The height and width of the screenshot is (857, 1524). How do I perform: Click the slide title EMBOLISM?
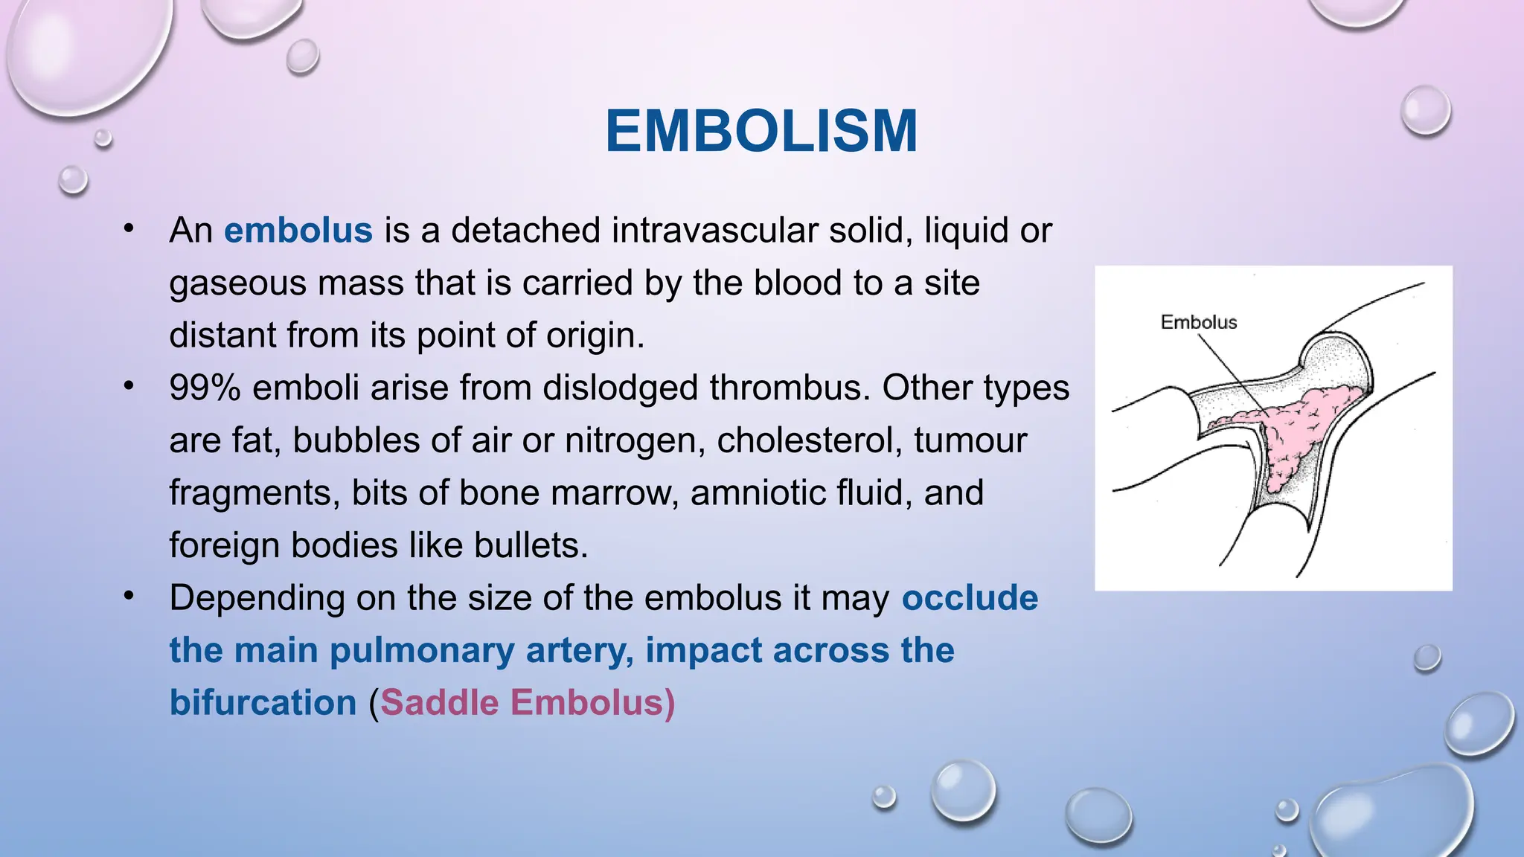click(761, 132)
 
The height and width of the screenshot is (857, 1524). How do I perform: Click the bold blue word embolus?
click(298, 231)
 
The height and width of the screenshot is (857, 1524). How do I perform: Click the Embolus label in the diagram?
click(1198, 322)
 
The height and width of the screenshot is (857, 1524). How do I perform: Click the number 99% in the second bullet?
click(205, 388)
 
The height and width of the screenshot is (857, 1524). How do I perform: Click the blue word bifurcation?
click(263, 703)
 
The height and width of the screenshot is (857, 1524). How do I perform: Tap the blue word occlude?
click(970, 598)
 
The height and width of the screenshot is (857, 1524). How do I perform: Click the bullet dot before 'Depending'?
click(129, 596)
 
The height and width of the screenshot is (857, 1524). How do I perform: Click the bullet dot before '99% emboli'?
click(129, 386)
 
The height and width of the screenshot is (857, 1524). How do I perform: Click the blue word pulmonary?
click(421, 651)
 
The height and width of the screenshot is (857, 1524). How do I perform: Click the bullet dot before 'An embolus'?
click(129, 228)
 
